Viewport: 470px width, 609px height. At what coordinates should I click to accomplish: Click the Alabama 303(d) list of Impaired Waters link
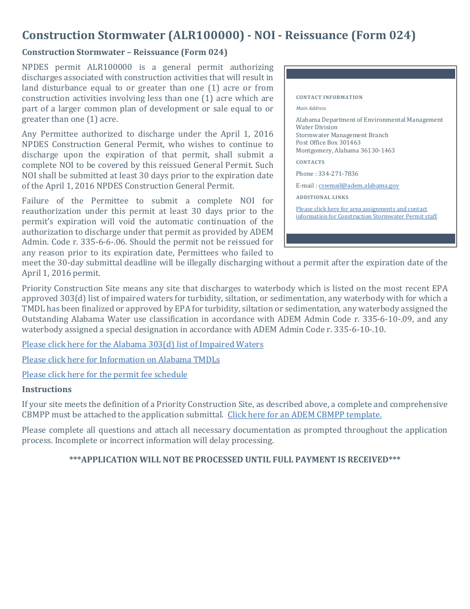click(x=142, y=345)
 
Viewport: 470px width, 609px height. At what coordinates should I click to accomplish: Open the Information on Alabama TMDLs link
click(x=121, y=360)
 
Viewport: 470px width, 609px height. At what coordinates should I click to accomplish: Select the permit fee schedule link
click(x=104, y=375)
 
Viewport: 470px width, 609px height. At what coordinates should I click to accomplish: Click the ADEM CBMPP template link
click(x=304, y=415)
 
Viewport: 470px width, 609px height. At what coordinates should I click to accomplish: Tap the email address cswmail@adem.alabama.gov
click(x=359, y=186)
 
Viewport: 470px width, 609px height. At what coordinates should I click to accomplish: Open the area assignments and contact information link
click(x=366, y=213)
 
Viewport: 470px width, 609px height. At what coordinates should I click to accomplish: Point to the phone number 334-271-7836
click(x=338, y=174)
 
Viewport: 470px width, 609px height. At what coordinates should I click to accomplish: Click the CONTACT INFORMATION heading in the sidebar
click(x=329, y=98)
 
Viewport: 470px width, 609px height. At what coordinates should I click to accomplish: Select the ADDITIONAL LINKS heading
click(x=322, y=198)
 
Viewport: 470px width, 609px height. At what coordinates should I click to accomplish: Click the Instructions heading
click(x=47, y=389)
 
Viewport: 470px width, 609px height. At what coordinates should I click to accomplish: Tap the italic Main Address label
click(x=311, y=108)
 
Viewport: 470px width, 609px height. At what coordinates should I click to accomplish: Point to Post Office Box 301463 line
click(x=328, y=143)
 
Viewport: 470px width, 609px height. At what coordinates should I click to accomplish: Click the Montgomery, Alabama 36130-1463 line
click(x=345, y=151)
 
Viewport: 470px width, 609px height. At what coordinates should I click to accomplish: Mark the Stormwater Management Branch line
click(x=342, y=135)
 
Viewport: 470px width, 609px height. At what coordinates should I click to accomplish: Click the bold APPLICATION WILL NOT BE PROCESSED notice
click(x=235, y=459)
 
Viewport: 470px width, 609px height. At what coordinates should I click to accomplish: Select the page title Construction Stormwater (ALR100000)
click(x=219, y=36)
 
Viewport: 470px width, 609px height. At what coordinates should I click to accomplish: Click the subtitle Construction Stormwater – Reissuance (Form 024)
click(x=124, y=52)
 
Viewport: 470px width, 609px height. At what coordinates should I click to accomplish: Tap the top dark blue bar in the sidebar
click(x=371, y=74)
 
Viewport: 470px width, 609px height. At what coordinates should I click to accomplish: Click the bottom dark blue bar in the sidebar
click(x=371, y=239)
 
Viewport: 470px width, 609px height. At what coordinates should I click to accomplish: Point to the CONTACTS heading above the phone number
click(x=310, y=162)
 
